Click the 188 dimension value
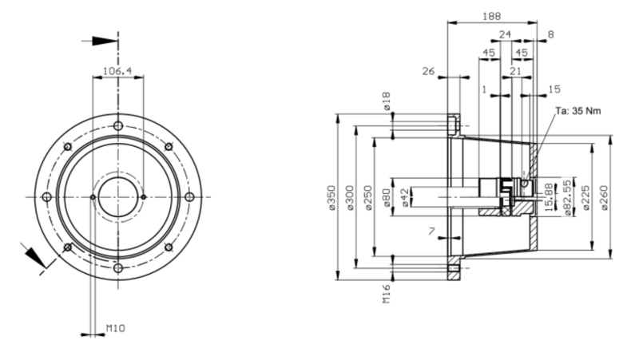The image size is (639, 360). pos(491,17)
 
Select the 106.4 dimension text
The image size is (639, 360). pos(117,71)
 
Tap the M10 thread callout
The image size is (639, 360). pos(116,328)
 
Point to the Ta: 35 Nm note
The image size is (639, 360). pos(578,111)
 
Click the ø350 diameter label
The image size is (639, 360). pos(332,198)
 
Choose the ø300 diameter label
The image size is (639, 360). pos(351,198)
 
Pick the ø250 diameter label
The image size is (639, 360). pos(368,198)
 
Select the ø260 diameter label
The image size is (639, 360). pos(604,198)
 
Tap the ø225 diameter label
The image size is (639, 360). pos(585,198)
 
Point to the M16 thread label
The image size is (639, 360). pos(387,294)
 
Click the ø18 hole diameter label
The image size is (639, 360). pos(387,101)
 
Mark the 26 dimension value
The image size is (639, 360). pos(428,72)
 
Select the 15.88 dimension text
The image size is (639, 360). pos(549,197)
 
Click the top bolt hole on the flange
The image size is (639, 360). pos(118,126)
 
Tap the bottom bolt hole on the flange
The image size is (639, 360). pos(118,268)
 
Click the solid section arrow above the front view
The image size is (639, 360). pos(105,42)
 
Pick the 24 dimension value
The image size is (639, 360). pos(505,34)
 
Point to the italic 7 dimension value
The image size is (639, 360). pos(431,231)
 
